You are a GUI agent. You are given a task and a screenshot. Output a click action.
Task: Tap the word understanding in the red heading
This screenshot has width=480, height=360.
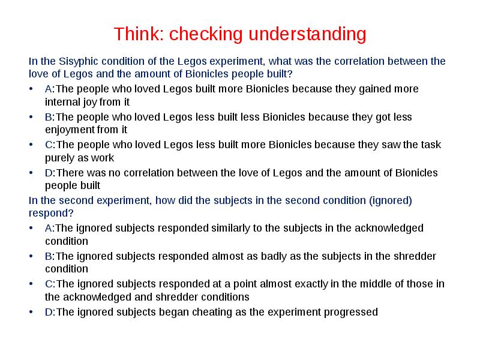(x=307, y=34)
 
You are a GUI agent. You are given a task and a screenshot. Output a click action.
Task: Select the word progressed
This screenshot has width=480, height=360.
(x=352, y=312)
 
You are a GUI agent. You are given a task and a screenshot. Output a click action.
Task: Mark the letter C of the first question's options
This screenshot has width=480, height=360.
(x=49, y=145)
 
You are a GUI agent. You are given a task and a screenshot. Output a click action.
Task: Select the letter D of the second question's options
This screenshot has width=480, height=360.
(x=49, y=312)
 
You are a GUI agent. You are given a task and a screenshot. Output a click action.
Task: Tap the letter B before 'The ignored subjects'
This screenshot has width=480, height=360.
(x=49, y=256)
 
